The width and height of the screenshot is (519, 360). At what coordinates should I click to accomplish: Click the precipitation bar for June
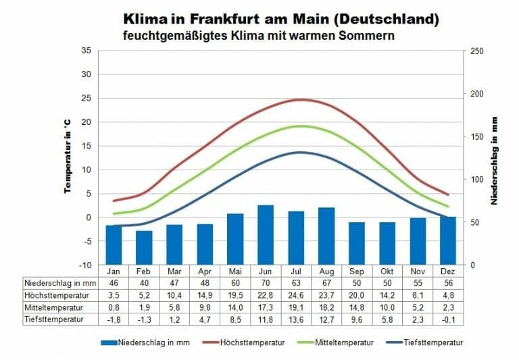tap(266, 234)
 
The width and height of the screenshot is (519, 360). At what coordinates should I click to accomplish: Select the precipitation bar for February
tap(144, 247)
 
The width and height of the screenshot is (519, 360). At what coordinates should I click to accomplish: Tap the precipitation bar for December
tap(448, 240)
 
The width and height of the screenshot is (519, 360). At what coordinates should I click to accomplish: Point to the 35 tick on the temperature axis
tap(86, 51)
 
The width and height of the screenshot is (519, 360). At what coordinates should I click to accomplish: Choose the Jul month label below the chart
tap(296, 271)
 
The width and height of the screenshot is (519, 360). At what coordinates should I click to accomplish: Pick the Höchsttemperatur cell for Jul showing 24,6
tap(296, 294)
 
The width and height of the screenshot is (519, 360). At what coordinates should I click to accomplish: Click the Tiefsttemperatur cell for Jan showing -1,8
tap(114, 319)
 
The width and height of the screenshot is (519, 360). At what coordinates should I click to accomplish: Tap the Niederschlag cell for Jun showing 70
tap(266, 282)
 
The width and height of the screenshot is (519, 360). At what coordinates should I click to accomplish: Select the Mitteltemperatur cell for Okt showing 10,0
tap(387, 307)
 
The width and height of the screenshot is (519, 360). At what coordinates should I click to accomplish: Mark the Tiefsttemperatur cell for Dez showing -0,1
tap(448, 319)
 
